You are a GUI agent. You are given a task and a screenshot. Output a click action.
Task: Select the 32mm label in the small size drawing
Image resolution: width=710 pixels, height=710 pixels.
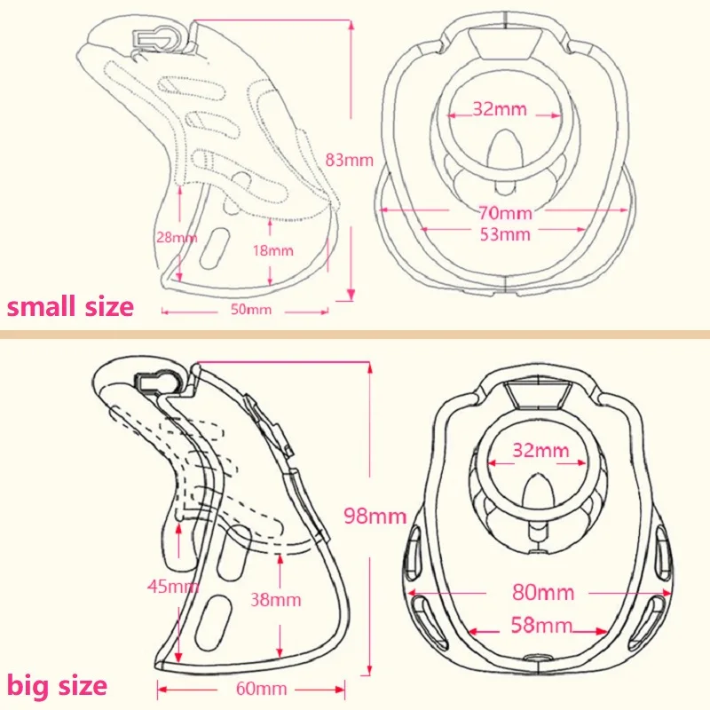point(500,110)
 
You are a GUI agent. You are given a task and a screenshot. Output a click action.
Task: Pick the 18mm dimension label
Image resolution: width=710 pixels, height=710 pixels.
point(272,250)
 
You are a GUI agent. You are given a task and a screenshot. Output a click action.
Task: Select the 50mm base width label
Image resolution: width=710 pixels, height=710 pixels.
point(252,310)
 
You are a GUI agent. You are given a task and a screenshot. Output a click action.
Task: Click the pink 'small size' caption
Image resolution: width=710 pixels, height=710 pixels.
point(70,307)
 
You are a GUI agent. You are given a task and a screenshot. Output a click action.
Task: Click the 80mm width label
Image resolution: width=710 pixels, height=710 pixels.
point(543,591)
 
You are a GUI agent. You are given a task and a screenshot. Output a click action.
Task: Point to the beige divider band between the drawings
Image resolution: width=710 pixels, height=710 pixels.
point(355,335)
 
